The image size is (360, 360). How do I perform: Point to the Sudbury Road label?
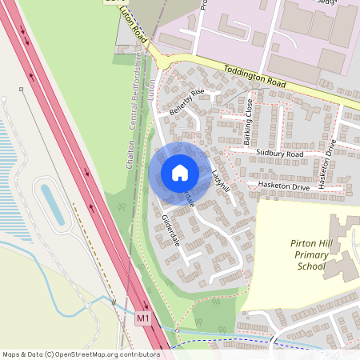pyautogui.click(x=280, y=153)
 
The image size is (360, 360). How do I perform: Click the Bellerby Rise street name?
pyautogui.click(x=187, y=102)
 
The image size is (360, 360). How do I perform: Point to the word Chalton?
pyautogui.click(x=129, y=152)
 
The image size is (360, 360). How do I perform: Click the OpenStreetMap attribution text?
pyautogui.click(x=81, y=354)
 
